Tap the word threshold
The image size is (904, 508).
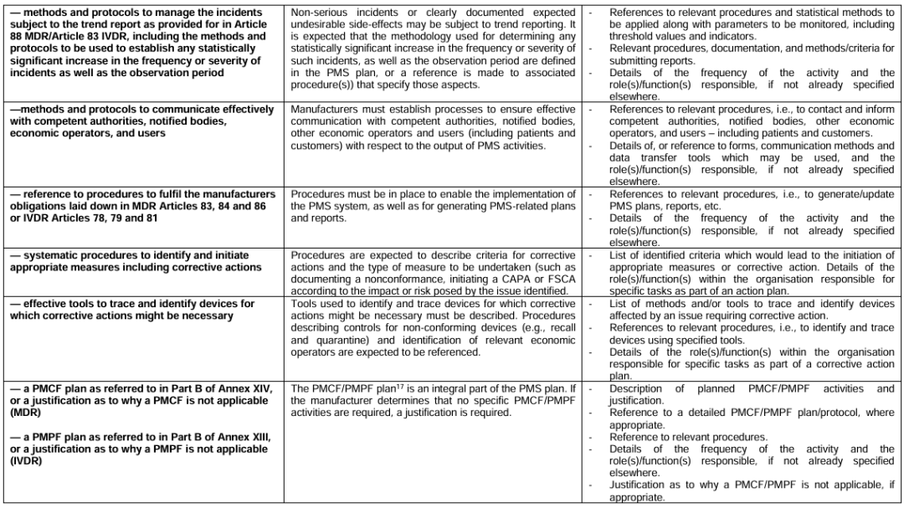click(x=634, y=37)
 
